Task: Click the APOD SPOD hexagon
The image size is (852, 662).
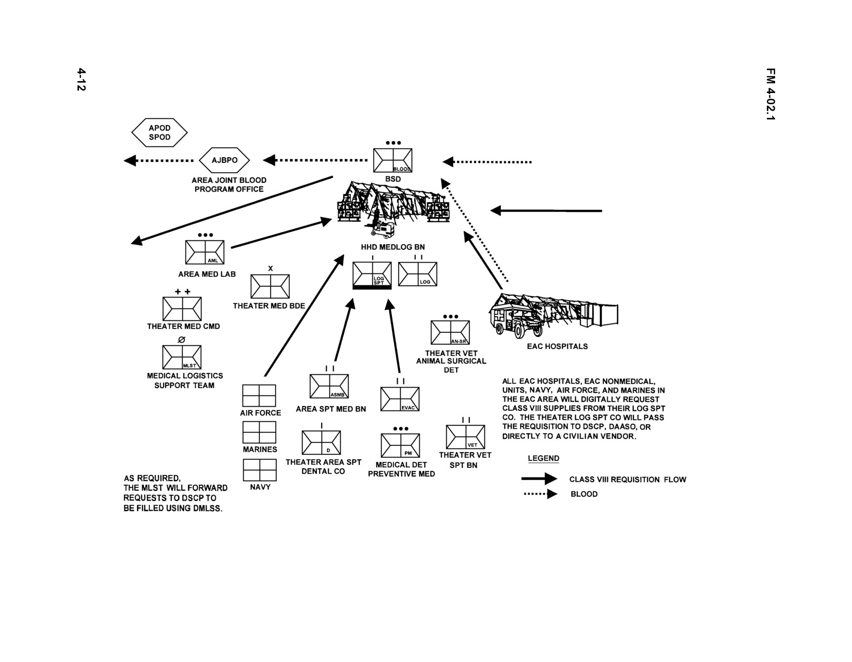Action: click(159, 133)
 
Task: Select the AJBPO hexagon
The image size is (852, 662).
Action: click(224, 160)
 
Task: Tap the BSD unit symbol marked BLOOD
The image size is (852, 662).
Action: click(392, 160)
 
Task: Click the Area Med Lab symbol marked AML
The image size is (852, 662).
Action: click(204, 252)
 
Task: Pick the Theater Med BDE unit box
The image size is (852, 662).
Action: click(270, 286)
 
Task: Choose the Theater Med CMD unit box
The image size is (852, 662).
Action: click(182, 309)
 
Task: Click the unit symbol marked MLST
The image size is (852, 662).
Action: click(182, 357)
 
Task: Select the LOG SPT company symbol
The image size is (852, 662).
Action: click(372, 275)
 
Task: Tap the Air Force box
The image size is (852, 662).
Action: click(259, 395)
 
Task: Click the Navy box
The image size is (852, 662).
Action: click(260, 470)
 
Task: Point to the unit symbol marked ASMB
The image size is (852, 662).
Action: click(329, 386)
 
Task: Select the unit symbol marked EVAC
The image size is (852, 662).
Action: click(400, 399)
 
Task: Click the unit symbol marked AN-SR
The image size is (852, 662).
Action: click(450, 332)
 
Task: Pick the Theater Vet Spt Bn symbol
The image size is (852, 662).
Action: click(465, 437)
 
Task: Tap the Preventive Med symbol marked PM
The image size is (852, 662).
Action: click(400, 445)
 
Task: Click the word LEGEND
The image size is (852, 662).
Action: click(543, 458)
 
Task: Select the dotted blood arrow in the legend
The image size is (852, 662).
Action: click(541, 494)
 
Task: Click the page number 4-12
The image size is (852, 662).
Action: click(81, 80)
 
